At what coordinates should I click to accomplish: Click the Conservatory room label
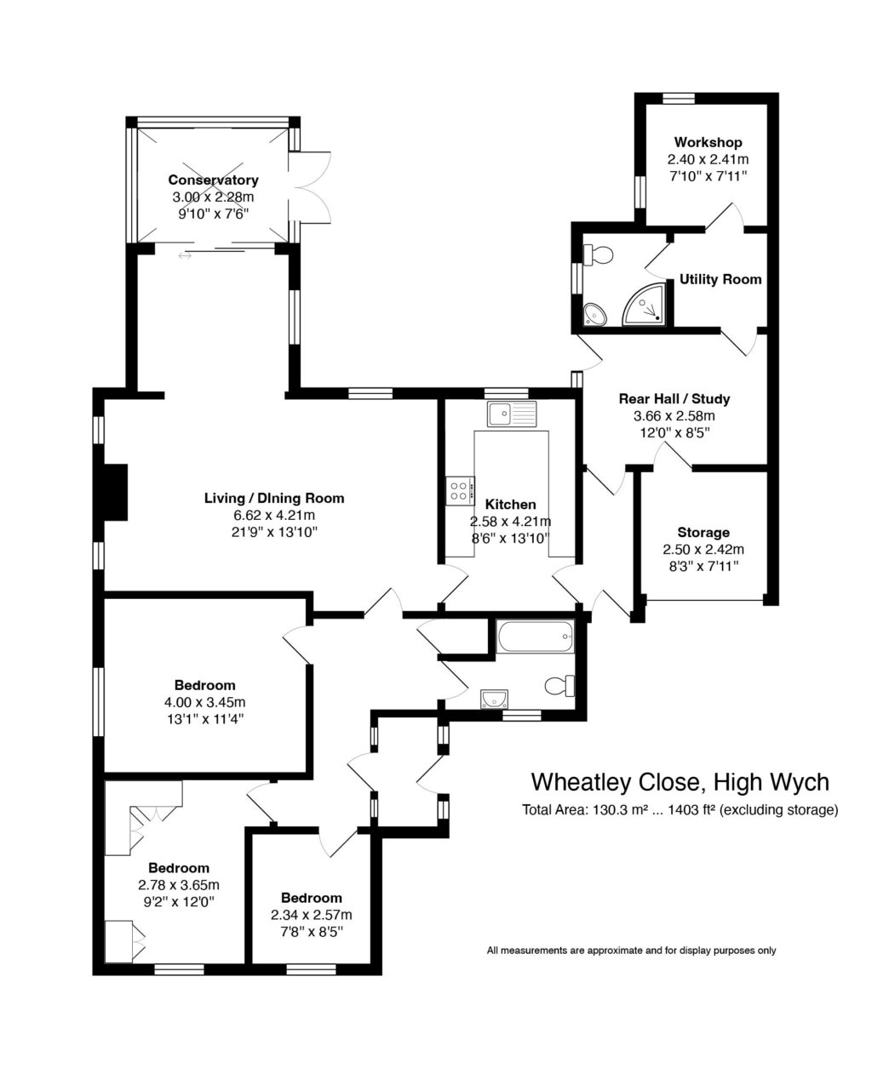click(213, 180)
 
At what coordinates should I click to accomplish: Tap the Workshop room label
click(708, 142)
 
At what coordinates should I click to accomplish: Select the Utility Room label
click(720, 279)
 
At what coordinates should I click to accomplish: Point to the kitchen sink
click(512, 414)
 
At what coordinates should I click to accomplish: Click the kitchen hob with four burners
click(459, 490)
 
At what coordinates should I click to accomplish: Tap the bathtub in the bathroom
click(535, 637)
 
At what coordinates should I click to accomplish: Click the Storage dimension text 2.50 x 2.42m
click(703, 549)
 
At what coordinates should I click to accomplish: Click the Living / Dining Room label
click(274, 498)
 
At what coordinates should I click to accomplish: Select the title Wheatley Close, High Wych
click(680, 781)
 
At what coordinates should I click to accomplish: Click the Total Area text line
click(680, 810)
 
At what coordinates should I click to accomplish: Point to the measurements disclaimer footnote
click(631, 951)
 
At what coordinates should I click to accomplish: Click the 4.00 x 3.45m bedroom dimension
click(204, 702)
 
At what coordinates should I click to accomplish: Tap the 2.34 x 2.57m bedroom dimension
click(311, 915)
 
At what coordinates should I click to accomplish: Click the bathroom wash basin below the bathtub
click(494, 699)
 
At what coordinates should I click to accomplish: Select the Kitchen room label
click(510, 505)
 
